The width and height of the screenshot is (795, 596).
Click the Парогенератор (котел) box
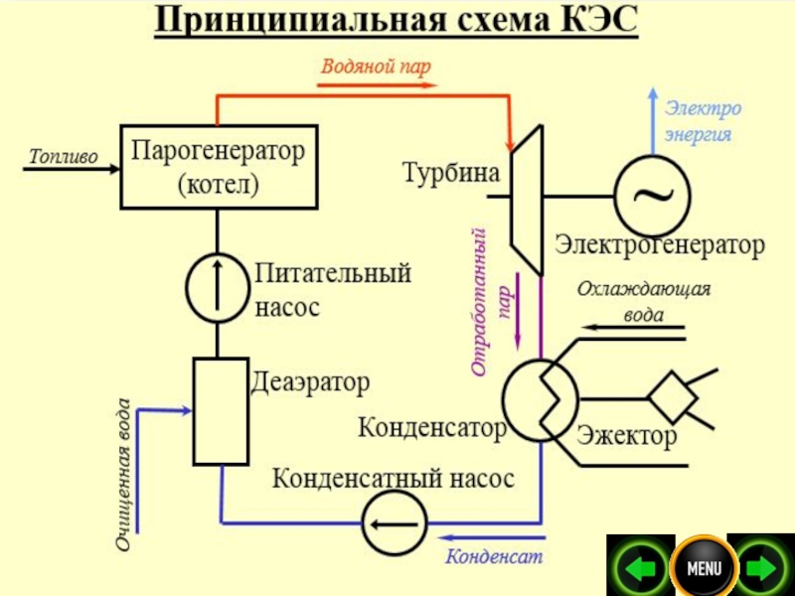pos(219,167)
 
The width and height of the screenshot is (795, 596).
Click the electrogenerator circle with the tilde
pos(652,196)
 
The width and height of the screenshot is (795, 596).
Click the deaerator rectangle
pos(220,411)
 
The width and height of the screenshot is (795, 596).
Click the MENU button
pos(704,569)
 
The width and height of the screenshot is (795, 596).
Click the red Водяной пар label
pos(376,66)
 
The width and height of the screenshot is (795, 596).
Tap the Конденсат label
pos(494,556)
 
